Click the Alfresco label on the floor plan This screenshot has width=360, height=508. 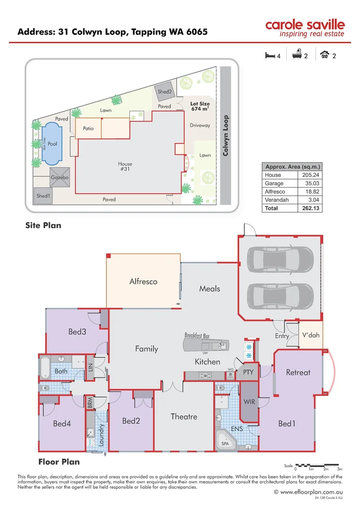pyautogui.click(x=143, y=282)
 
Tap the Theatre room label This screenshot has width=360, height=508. pyautogui.click(x=184, y=417)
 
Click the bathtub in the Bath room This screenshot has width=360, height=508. pyautogui.click(x=44, y=368)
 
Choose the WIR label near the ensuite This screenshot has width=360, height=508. pyautogui.click(x=249, y=402)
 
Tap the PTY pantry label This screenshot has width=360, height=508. pyautogui.click(x=248, y=372)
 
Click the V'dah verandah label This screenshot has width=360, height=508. pyautogui.click(x=311, y=335)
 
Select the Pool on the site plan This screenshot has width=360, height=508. pyautogui.click(x=52, y=144)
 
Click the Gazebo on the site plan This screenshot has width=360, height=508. pyautogui.click(x=60, y=177)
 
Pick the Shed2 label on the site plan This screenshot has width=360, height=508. pyautogui.click(x=164, y=92)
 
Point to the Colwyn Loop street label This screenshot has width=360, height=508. pyautogui.click(x=226, y=136)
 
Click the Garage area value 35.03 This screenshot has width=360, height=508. pyautogui.click(x=311, y=183)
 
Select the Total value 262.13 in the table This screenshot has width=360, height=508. pyautogui.click(x=310, y=208)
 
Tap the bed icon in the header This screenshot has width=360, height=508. pyautogui.click(x=270, y=55)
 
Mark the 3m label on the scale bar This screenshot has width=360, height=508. pyautogui.click(x=340, y=469)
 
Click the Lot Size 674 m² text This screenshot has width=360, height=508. pyautogui.click(x=200, y=106)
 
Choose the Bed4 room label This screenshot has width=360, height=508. pyautogui.click(x=62, y=424)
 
